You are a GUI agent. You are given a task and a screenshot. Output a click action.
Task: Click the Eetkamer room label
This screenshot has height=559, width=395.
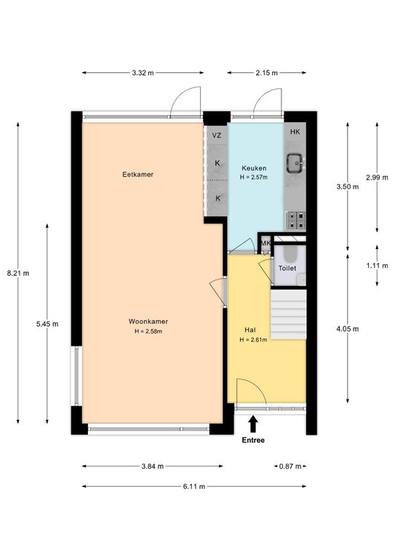coord(137,175)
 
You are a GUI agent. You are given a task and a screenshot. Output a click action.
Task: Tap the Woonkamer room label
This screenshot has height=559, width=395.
coord(148,321)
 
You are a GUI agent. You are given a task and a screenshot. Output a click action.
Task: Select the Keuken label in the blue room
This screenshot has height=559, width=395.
coord(254,168)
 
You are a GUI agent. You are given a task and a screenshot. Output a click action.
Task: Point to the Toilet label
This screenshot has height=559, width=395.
coord(287,268)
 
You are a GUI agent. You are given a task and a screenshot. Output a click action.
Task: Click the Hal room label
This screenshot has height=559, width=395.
coord(250,330)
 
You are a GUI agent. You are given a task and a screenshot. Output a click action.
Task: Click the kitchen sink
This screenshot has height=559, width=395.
coord(295,163)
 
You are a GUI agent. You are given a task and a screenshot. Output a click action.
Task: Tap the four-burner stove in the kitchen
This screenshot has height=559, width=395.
coord(295,220)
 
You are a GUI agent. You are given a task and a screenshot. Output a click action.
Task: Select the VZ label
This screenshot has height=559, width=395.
coord(217,135)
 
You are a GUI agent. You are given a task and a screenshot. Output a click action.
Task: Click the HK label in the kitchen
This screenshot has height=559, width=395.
coord(295,132)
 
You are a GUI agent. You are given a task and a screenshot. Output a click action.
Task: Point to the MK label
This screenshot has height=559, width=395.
coord(266,243)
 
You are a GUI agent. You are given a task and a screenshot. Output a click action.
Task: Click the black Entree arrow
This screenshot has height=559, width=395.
coord(253,424)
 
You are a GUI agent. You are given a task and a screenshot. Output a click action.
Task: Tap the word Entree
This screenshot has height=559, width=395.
coord(253,440)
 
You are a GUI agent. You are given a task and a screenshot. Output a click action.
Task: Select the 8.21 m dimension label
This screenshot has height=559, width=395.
coord(18,274)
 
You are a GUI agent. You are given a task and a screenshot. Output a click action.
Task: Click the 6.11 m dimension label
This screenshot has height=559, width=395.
coord(194,486)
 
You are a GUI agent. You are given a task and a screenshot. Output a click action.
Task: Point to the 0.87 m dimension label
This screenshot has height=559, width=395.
coord(290,467)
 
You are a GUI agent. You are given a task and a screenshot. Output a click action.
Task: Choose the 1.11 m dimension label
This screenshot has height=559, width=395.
coord(377,266)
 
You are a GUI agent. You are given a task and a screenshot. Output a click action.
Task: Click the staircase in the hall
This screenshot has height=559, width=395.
coord(289,314)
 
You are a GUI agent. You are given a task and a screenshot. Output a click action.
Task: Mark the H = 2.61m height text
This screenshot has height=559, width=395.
coord(253,340)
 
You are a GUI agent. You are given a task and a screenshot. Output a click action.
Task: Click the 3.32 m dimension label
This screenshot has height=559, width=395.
coord(143,73)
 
